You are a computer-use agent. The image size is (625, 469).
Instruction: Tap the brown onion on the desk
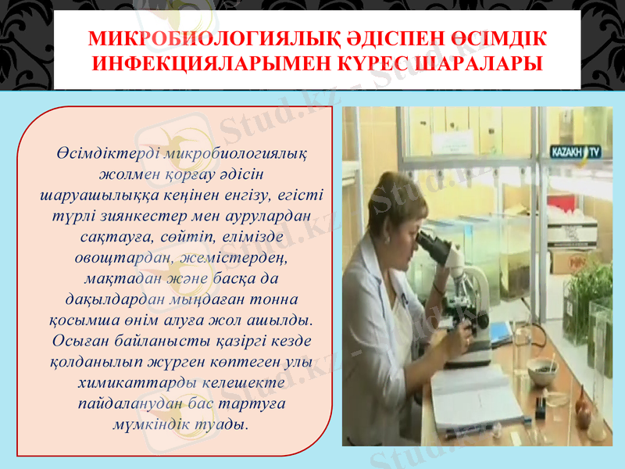[x=584, y=406]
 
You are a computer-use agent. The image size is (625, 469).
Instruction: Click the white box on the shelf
[x=573, y=232]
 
